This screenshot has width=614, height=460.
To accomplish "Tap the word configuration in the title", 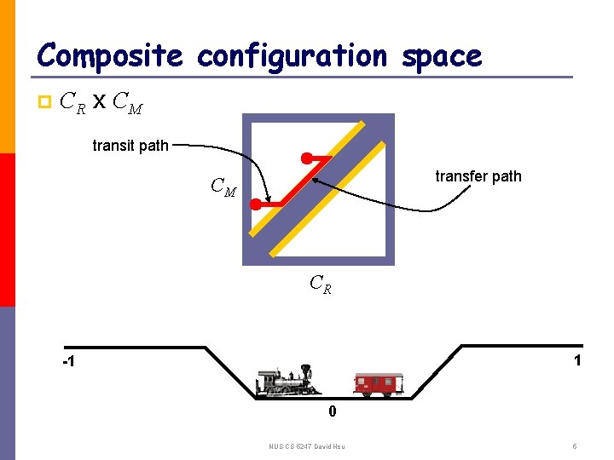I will coord(292,56).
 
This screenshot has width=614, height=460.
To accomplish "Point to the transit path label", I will coord(130,146).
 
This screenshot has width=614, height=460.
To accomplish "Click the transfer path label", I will coord(478,176).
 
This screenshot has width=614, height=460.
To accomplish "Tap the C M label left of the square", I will coord(223,187).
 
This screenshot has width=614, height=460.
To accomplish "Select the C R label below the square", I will coord(320,283).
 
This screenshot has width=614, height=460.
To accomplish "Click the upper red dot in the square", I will coord(305,158).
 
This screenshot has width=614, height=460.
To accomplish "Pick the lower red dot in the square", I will coord(255,204).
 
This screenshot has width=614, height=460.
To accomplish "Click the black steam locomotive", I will coord(287,383).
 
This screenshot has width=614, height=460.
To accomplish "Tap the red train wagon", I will coord(379,385).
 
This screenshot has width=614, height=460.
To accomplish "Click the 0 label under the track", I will coord(333,412).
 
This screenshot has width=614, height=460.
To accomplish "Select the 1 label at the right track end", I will coord(577,360).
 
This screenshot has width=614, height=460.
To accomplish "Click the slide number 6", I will coord(576,446).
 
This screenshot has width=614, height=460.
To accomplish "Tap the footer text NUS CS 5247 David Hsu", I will coord(308,446).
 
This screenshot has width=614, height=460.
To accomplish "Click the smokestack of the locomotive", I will coord(303,370).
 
